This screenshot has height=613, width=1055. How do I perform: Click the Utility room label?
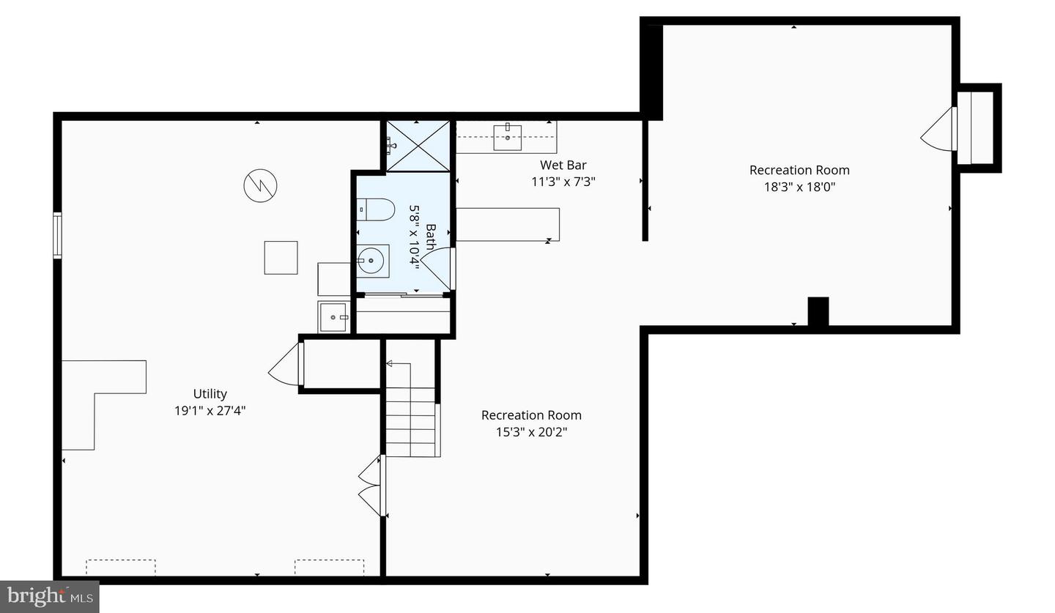tap(210, 394)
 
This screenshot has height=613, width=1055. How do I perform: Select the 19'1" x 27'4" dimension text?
tap(210, 411)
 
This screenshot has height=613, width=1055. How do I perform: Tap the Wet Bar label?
tap(563, 165)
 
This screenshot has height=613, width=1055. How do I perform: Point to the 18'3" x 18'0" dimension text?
tap(799, 187)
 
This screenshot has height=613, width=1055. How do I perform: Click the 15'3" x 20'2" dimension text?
tap(531, 432)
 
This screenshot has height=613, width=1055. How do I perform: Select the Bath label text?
tap(430, 237)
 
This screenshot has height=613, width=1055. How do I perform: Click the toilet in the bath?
tap(374, 209)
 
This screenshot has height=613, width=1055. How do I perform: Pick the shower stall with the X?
tap(418, 146)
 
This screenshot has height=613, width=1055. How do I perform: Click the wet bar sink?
tap(507, 136)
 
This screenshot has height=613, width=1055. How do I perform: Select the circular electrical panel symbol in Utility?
tap(260, 186)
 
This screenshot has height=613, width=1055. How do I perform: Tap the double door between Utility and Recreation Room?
tap(371, 485)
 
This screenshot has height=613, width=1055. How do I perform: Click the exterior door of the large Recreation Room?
tap(940, 131)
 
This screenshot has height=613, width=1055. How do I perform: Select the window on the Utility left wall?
tap(57, 235)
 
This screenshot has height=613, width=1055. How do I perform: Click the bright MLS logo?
tap(49, 596)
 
